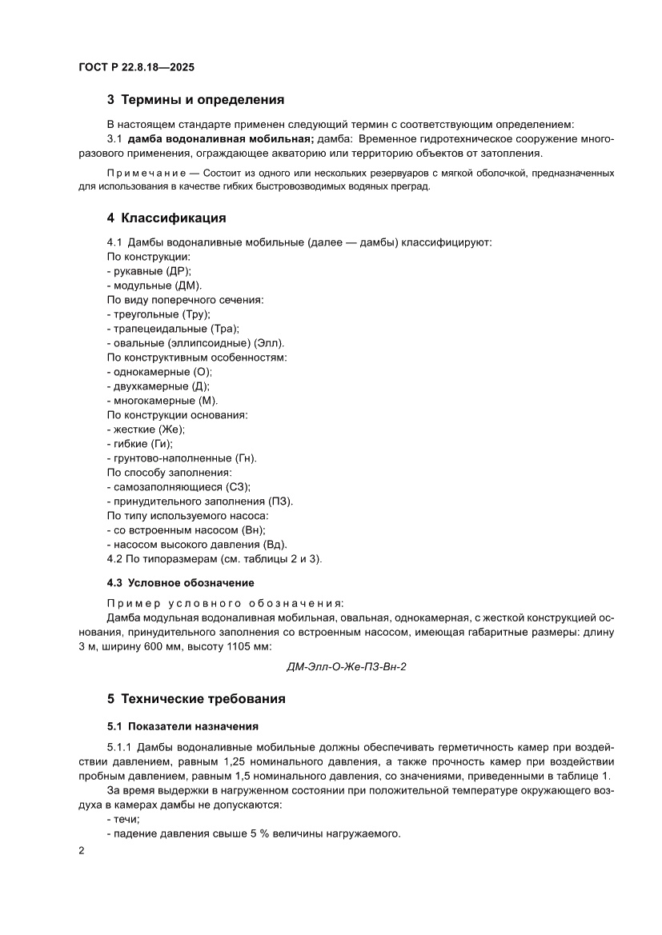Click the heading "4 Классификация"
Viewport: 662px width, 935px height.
point(167,218)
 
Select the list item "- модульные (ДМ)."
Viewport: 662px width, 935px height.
point(154,286)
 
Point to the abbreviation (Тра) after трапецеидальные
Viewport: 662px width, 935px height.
point(224,329)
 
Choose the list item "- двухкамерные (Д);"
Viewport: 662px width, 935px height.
point(158,386)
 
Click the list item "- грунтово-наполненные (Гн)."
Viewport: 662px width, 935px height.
point(181,458)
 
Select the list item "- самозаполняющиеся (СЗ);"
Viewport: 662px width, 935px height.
point(179,487)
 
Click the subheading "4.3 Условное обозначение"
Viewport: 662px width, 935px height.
point(180,582)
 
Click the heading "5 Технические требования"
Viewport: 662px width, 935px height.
point(196,698)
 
